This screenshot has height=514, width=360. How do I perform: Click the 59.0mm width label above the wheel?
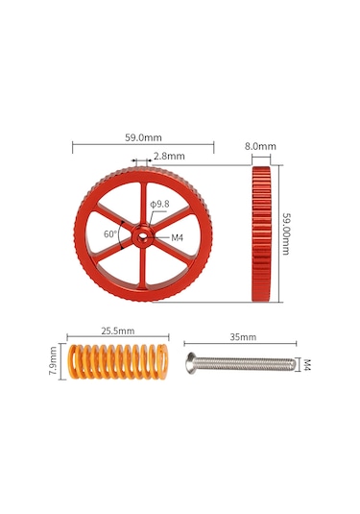pos(143,137)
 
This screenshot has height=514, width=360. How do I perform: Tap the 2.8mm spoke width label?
pos(169,156)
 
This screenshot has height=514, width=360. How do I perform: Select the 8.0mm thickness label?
pos(260,146)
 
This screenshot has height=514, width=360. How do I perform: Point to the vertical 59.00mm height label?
pos(286,233)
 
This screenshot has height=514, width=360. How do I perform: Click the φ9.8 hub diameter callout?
pos(160,205)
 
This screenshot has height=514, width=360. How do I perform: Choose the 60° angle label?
pos(110,234)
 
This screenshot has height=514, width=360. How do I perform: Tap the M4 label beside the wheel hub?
pos(177,237)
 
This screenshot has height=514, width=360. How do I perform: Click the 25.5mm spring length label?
pos(117,330)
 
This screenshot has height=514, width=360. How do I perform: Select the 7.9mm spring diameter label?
pos(53,360)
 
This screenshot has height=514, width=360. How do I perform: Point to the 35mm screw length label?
pos(243,337)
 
